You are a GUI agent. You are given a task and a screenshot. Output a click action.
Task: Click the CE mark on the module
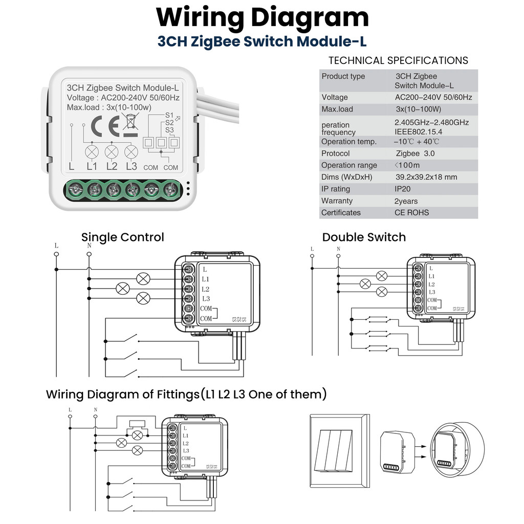(x=105, y=126)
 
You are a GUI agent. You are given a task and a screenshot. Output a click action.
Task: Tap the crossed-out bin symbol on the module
(x=130, y=125)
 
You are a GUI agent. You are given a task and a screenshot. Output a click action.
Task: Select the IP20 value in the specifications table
(x=404, y=189)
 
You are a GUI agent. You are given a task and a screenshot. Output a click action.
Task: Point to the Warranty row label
(x=337, y=201)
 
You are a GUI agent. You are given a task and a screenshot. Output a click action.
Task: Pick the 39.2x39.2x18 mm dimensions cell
(x=426, y=177)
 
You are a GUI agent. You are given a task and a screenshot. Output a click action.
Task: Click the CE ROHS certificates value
(x=411, y=212)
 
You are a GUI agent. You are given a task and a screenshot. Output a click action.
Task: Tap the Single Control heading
(x=123, y=237)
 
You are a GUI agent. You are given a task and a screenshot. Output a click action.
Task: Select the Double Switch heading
(x=364, y=237)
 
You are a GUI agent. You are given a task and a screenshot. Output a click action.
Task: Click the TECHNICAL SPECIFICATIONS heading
(x=398, y=60)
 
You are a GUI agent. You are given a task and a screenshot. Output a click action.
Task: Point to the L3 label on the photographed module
(x=132, y=166)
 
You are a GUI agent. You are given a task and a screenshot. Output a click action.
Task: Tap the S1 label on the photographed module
(x=169, y=115)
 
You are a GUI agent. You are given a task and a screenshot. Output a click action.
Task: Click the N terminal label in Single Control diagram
(x=90, y=245)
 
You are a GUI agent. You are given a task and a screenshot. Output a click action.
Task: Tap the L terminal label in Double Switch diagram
(x=312, y=249)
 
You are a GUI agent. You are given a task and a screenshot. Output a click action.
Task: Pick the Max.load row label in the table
(x=337, y=109)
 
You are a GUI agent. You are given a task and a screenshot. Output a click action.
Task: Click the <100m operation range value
(x=407, y=165)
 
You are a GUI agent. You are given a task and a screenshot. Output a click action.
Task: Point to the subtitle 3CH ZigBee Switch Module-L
(x=262, y=41)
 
